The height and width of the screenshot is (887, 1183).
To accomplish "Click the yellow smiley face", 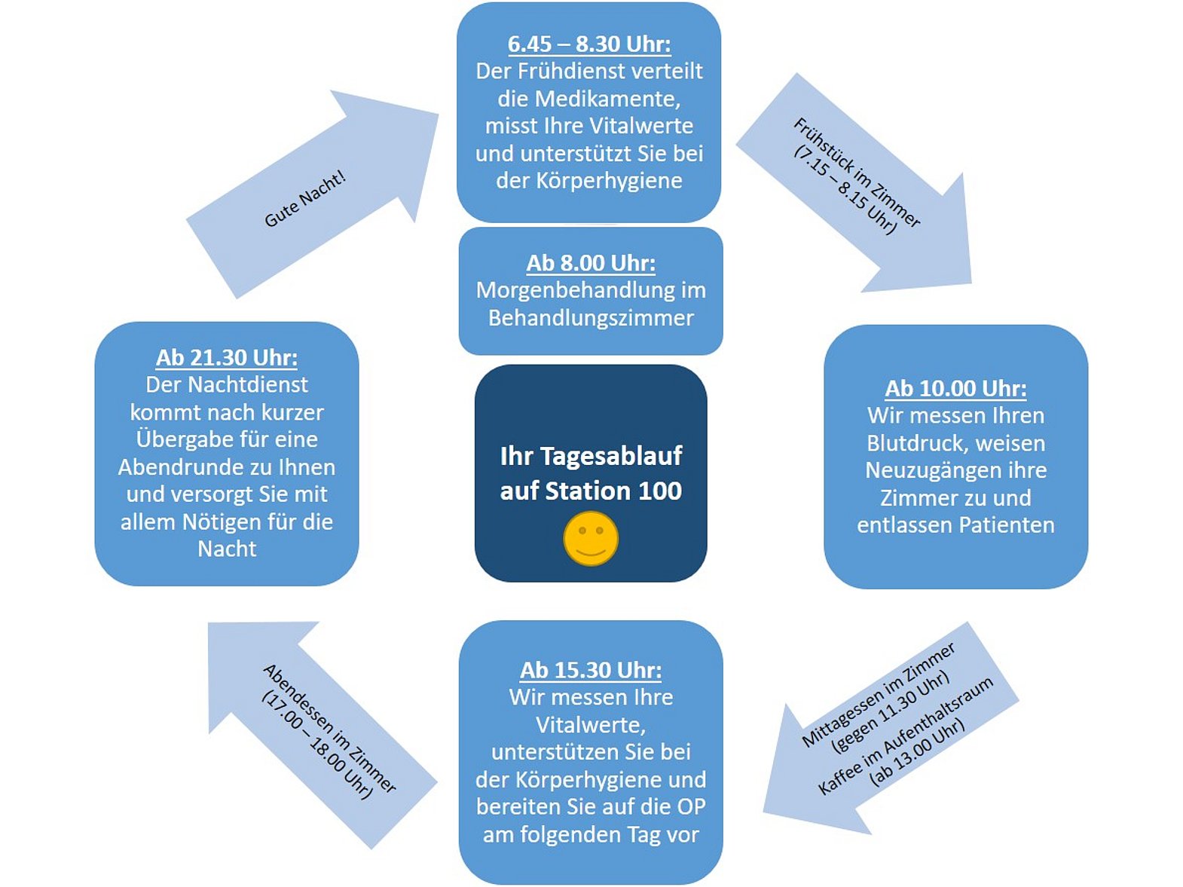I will click(591, 538).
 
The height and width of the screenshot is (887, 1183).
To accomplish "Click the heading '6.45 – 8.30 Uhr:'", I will click(589, 44).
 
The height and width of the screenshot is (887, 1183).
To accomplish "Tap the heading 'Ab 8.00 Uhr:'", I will click(591, 263).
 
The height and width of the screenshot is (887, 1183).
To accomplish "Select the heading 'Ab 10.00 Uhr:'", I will click(955, 388).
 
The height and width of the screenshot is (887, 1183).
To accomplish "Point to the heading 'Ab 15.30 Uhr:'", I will click(591, 670).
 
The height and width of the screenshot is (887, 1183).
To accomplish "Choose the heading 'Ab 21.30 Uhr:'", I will click(227, 357).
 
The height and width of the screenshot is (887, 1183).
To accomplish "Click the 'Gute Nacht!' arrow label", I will click(304, 199).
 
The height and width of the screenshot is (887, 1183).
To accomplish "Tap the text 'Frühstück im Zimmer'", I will click(857, 173).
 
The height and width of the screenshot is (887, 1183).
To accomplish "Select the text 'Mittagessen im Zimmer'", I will click(879, 695).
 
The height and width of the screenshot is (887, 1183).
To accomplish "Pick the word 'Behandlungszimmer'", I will click(591, 318).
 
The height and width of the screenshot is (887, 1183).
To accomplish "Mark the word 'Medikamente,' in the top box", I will click(589, 99).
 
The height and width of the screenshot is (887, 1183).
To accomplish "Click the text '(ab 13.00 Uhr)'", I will click(917, 754).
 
